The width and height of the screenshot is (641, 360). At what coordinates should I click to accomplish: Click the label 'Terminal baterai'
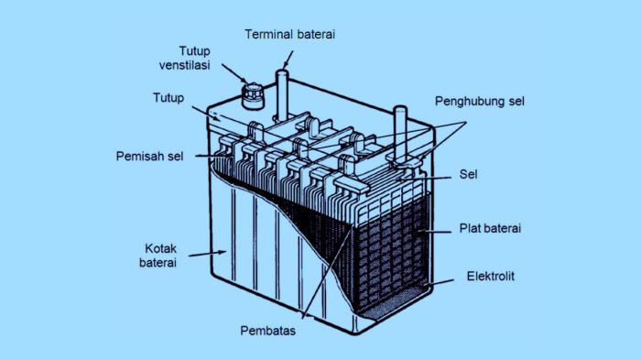[x=290, y=34]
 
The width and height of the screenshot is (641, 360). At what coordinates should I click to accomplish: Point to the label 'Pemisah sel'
[x=149, y=156]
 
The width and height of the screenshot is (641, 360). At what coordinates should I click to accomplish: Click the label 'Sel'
[x=469, y=172]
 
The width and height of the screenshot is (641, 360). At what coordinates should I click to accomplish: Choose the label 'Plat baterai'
[x=490, y=227]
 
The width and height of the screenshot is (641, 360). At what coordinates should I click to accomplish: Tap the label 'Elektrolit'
[x=491, y=276]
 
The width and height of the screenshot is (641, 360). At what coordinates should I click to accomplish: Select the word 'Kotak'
[x=161, y=248]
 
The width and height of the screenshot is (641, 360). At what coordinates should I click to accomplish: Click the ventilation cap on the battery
[x=249, y=93]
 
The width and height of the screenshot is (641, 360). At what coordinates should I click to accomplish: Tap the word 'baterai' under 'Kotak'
[x=161, y=264]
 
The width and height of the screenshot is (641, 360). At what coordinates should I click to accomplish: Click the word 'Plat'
[x=470, y=227]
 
